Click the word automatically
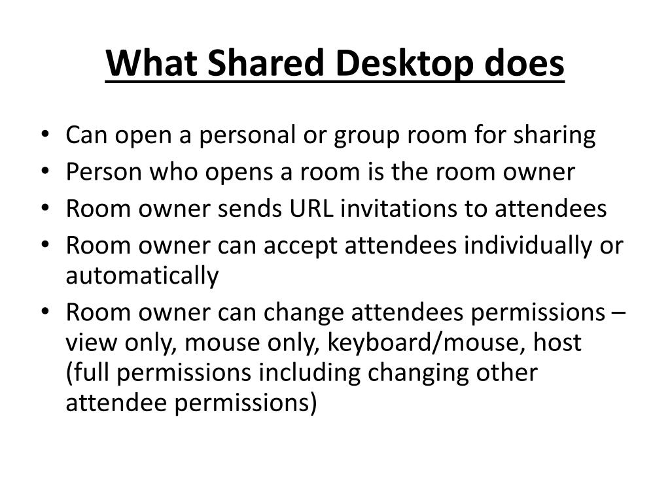pos(142,276)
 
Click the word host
pos(557,343)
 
